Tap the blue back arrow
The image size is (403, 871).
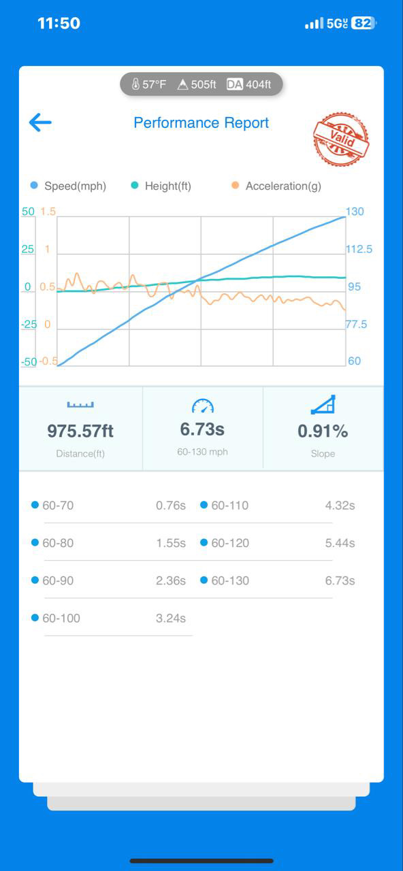pyautogui.click(x=40, y=122)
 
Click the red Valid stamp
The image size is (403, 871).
pyautogui.click(x=341, y=139)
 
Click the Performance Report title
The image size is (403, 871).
pyautogui.click(x=201, y=123)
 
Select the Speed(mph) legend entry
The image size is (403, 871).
pyautogui.click(x=68, y=186)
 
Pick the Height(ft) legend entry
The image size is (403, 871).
pyautogui.click(x=161, y=186)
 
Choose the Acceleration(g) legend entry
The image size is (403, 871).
pyautogui.click(x=276, y=186)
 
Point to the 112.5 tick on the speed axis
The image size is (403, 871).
pyautogui.click(x=359, y=249)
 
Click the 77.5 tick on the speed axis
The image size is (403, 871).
pyautogui.click(x=356, y=324)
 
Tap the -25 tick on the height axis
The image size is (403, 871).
pyautogui.click(x=29, y=324)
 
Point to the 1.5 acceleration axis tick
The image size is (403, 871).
pyautogui.click(x=48, y=212)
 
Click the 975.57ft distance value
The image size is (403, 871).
pyautogui.click(x=80, y=431)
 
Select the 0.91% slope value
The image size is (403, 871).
pyautogui.click(x=323, y=431)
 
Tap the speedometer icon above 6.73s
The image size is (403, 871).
pyautogui.click(x=203, y=406)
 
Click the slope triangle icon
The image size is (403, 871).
pyautogui.click(x=323, y=405)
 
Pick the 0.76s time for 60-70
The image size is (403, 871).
pyautogui.click(x=171, y=505)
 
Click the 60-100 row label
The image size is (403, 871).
pyautogui.click(x=61, y=618)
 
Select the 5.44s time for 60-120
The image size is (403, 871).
pyautogui.click(x=340, y=543)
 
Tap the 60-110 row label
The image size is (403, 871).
pyautogui.click(x=230, y=505)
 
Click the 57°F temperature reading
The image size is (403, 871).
pyautogui.click(x=149, y=84)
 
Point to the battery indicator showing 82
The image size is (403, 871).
pyautogui.click(x=364, y=23)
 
